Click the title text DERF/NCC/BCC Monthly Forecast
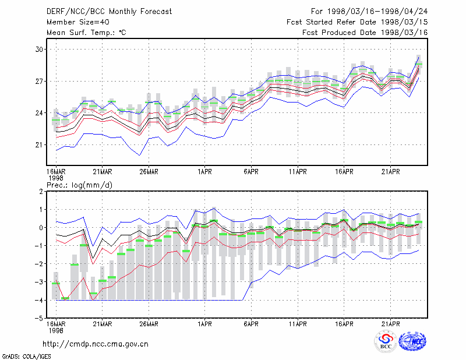tap(109, 12)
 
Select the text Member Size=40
tap(78, 22)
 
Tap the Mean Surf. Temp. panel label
tap(86, 33)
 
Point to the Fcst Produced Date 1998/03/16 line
tap(365, 33)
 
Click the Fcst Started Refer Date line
tap(357, 22)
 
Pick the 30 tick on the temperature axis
tap(39, 50)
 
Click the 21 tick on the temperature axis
tap(39, 145)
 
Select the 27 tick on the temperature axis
tap(39, 81)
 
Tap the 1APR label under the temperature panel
tap(204, 172)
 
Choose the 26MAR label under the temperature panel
tap(149, 172)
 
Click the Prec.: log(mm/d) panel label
tap(79, 185)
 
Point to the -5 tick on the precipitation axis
tap(39, 319)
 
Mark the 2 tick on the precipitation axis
tap(41, 192)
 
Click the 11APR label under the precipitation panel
tap(298, 324)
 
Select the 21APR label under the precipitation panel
tap(390, 324)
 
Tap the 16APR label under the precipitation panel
tap(344, 324)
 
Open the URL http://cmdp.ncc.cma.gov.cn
tap(96, 344)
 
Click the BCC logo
tap(386, 341)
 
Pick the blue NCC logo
tap(412, 341)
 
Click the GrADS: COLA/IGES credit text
tap(26, 357)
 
